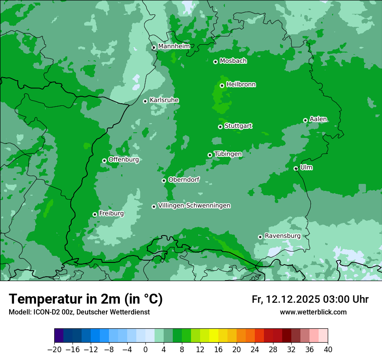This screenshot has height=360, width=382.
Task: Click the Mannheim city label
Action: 174,46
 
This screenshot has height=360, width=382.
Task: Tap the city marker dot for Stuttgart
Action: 220,127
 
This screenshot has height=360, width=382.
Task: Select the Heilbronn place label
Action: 241,85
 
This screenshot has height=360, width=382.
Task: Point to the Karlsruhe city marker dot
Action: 145,101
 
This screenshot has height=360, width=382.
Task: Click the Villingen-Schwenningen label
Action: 194,206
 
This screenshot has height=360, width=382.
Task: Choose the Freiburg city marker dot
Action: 95,214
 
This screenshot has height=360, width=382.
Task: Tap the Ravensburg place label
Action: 283,236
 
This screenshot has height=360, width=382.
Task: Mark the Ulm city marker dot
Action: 296,168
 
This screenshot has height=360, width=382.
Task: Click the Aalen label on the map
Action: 318,119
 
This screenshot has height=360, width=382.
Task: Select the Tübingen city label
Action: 228,154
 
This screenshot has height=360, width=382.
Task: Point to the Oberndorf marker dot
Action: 164,180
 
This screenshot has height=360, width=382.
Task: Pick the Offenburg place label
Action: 123,160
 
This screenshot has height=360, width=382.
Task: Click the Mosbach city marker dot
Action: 215,62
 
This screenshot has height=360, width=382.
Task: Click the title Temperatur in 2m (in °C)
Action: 86,299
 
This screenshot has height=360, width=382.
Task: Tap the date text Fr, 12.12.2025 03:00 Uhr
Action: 310,299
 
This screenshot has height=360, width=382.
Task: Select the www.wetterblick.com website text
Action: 313,312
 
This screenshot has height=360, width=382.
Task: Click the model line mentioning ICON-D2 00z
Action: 79,312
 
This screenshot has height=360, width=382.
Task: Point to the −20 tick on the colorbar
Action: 55,350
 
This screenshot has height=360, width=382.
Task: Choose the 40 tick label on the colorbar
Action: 328,350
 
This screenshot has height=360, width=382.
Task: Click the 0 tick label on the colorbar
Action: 145,350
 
